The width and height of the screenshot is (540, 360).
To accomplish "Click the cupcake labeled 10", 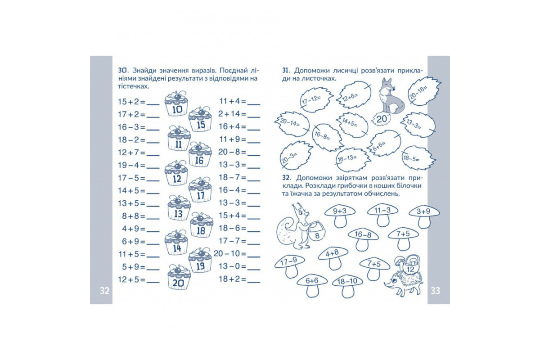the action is (176, 103).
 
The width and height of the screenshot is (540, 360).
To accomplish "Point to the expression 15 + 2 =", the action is (131, 102).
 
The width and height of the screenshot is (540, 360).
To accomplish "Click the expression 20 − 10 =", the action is (230, 253).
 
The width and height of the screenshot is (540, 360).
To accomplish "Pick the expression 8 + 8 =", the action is (134, 216).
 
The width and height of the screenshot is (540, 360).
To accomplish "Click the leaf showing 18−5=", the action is (418, 158).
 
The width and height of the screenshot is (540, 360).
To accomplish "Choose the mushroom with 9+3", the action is (340, 216).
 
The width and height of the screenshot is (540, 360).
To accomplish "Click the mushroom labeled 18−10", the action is (347, 286).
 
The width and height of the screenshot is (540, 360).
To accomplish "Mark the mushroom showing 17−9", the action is (289, 266).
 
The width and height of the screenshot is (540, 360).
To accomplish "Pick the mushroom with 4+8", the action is (333, 258).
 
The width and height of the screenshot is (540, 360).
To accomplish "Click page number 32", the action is (104, 291).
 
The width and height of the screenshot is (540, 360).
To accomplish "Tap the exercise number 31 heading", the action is (285, 70).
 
